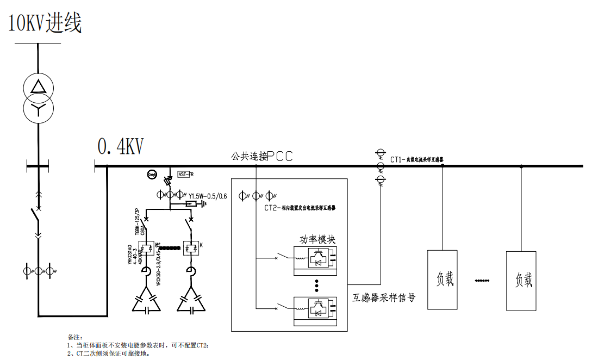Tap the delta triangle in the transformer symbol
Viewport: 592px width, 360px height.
coord(38,86)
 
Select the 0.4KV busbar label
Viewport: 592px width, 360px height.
coord(120,146)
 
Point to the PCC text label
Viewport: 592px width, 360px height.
coord(281,157)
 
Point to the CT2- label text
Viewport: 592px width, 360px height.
coord(272,208)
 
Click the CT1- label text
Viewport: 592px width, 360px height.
coord(398,160)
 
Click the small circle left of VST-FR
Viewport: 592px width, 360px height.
coord(152,175)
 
